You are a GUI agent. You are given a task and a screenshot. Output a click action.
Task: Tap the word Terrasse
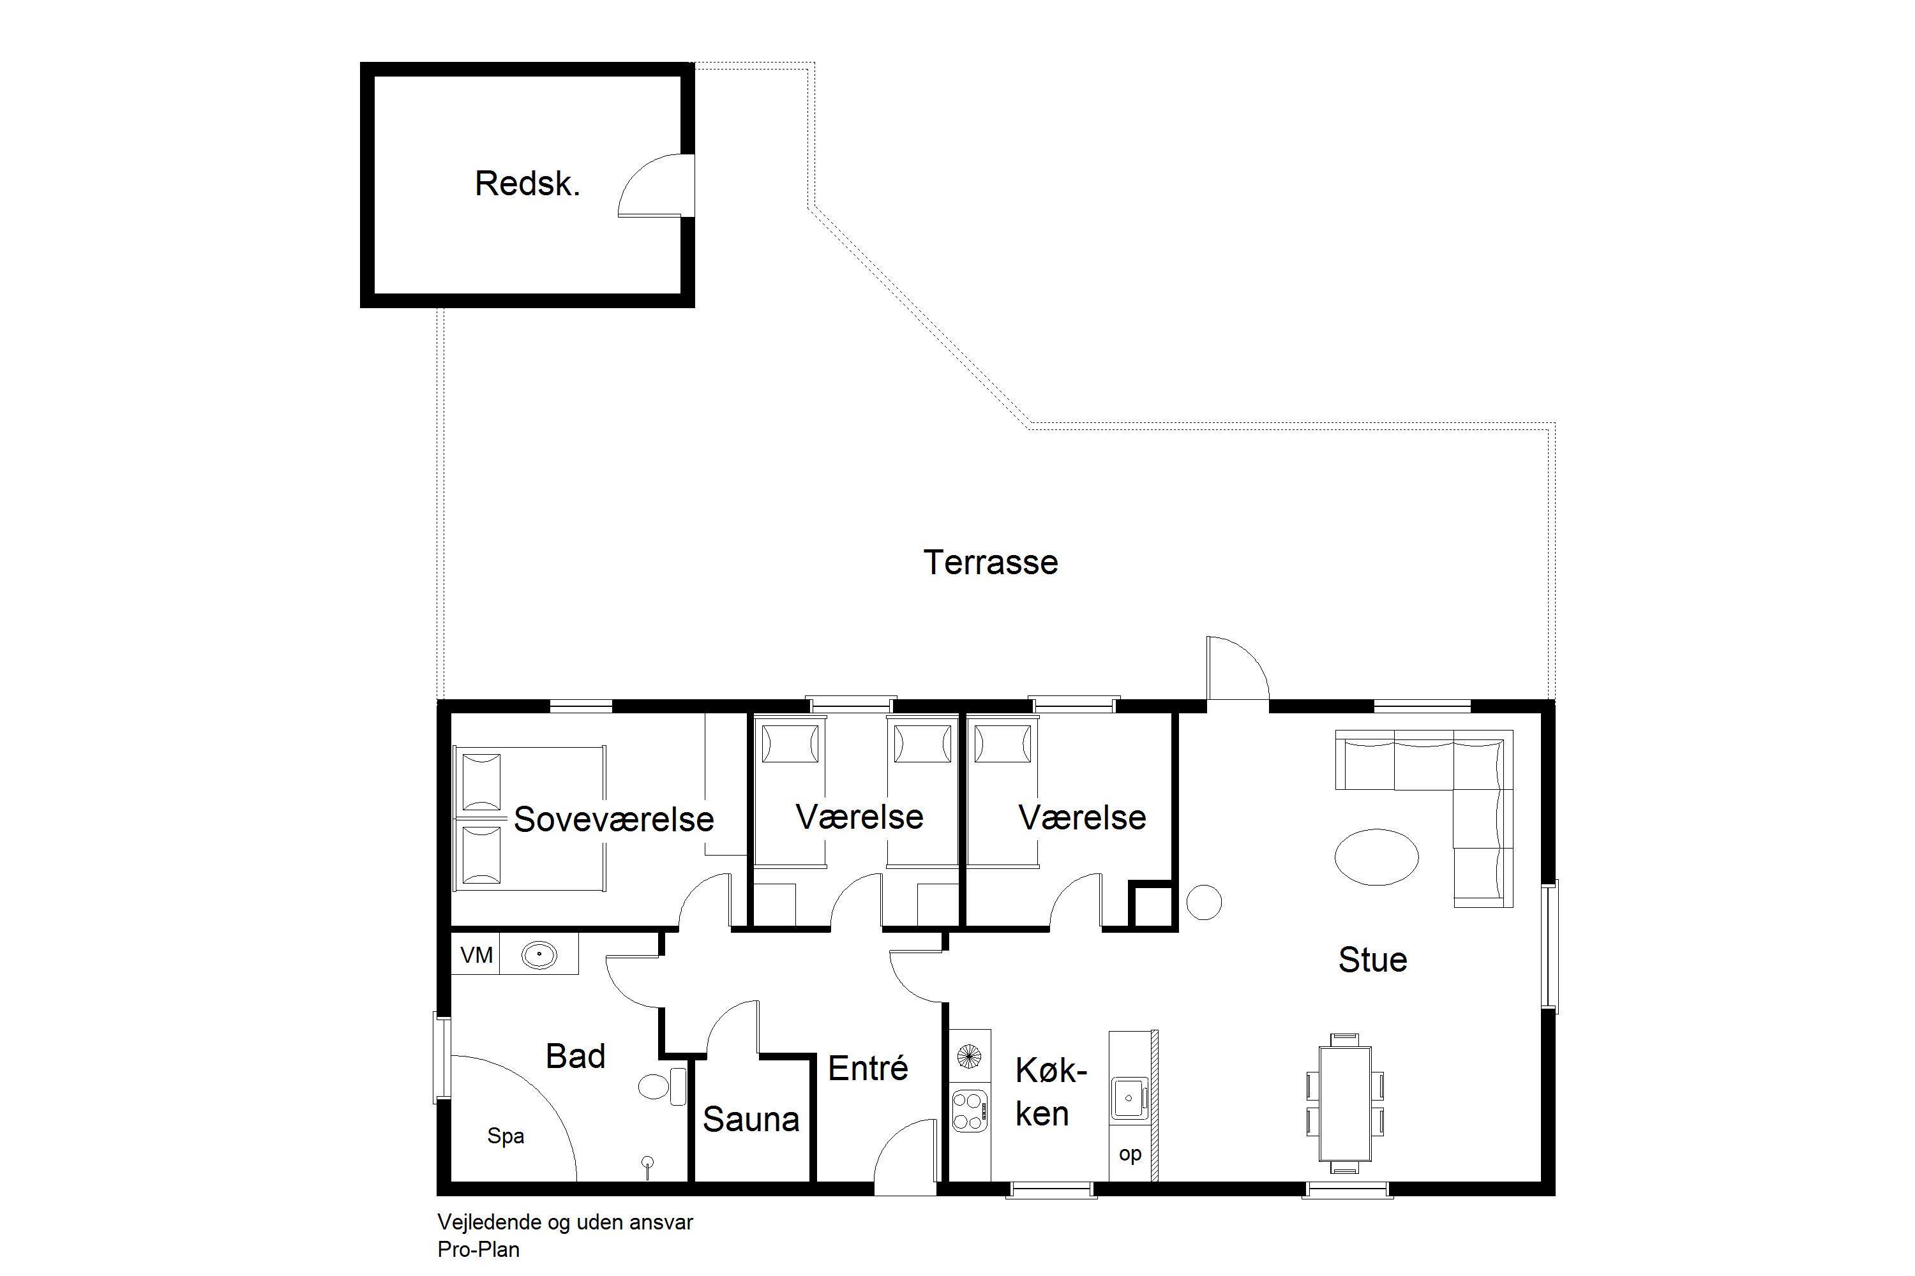coord(990,562)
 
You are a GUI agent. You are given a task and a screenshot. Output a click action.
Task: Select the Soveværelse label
coord(614,819)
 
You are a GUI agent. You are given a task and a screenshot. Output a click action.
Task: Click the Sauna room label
coord(751,1120)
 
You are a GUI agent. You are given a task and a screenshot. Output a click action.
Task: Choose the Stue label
coord(1373,960)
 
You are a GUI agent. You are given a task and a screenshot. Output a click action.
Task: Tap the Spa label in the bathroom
coord(506,1136)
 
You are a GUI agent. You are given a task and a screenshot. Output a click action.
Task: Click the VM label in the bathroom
coord(476,954)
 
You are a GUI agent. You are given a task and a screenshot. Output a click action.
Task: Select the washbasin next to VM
coord(538,954)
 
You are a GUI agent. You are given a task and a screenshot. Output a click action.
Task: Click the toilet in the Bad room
coord(663,1086)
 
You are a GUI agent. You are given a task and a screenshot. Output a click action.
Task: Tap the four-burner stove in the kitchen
coord(970,1111)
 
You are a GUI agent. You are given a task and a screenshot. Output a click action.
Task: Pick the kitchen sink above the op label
coord(1129,1098)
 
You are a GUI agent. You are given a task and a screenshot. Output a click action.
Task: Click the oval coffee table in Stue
coord(1377,857)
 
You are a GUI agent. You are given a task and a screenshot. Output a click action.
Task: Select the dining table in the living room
coord(1344,1104)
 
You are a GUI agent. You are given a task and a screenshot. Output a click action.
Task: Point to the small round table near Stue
coord(1203,903)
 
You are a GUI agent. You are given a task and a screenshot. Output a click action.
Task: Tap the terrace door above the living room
coord(1238,668)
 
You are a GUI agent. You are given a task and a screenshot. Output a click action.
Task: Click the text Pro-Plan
coord(478,1249)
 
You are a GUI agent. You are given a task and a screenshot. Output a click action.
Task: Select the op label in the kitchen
coord(1130,1154)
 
